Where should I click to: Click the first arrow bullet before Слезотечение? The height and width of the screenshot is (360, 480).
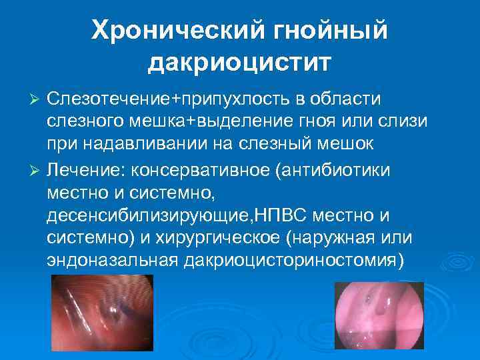pos(37,99)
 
